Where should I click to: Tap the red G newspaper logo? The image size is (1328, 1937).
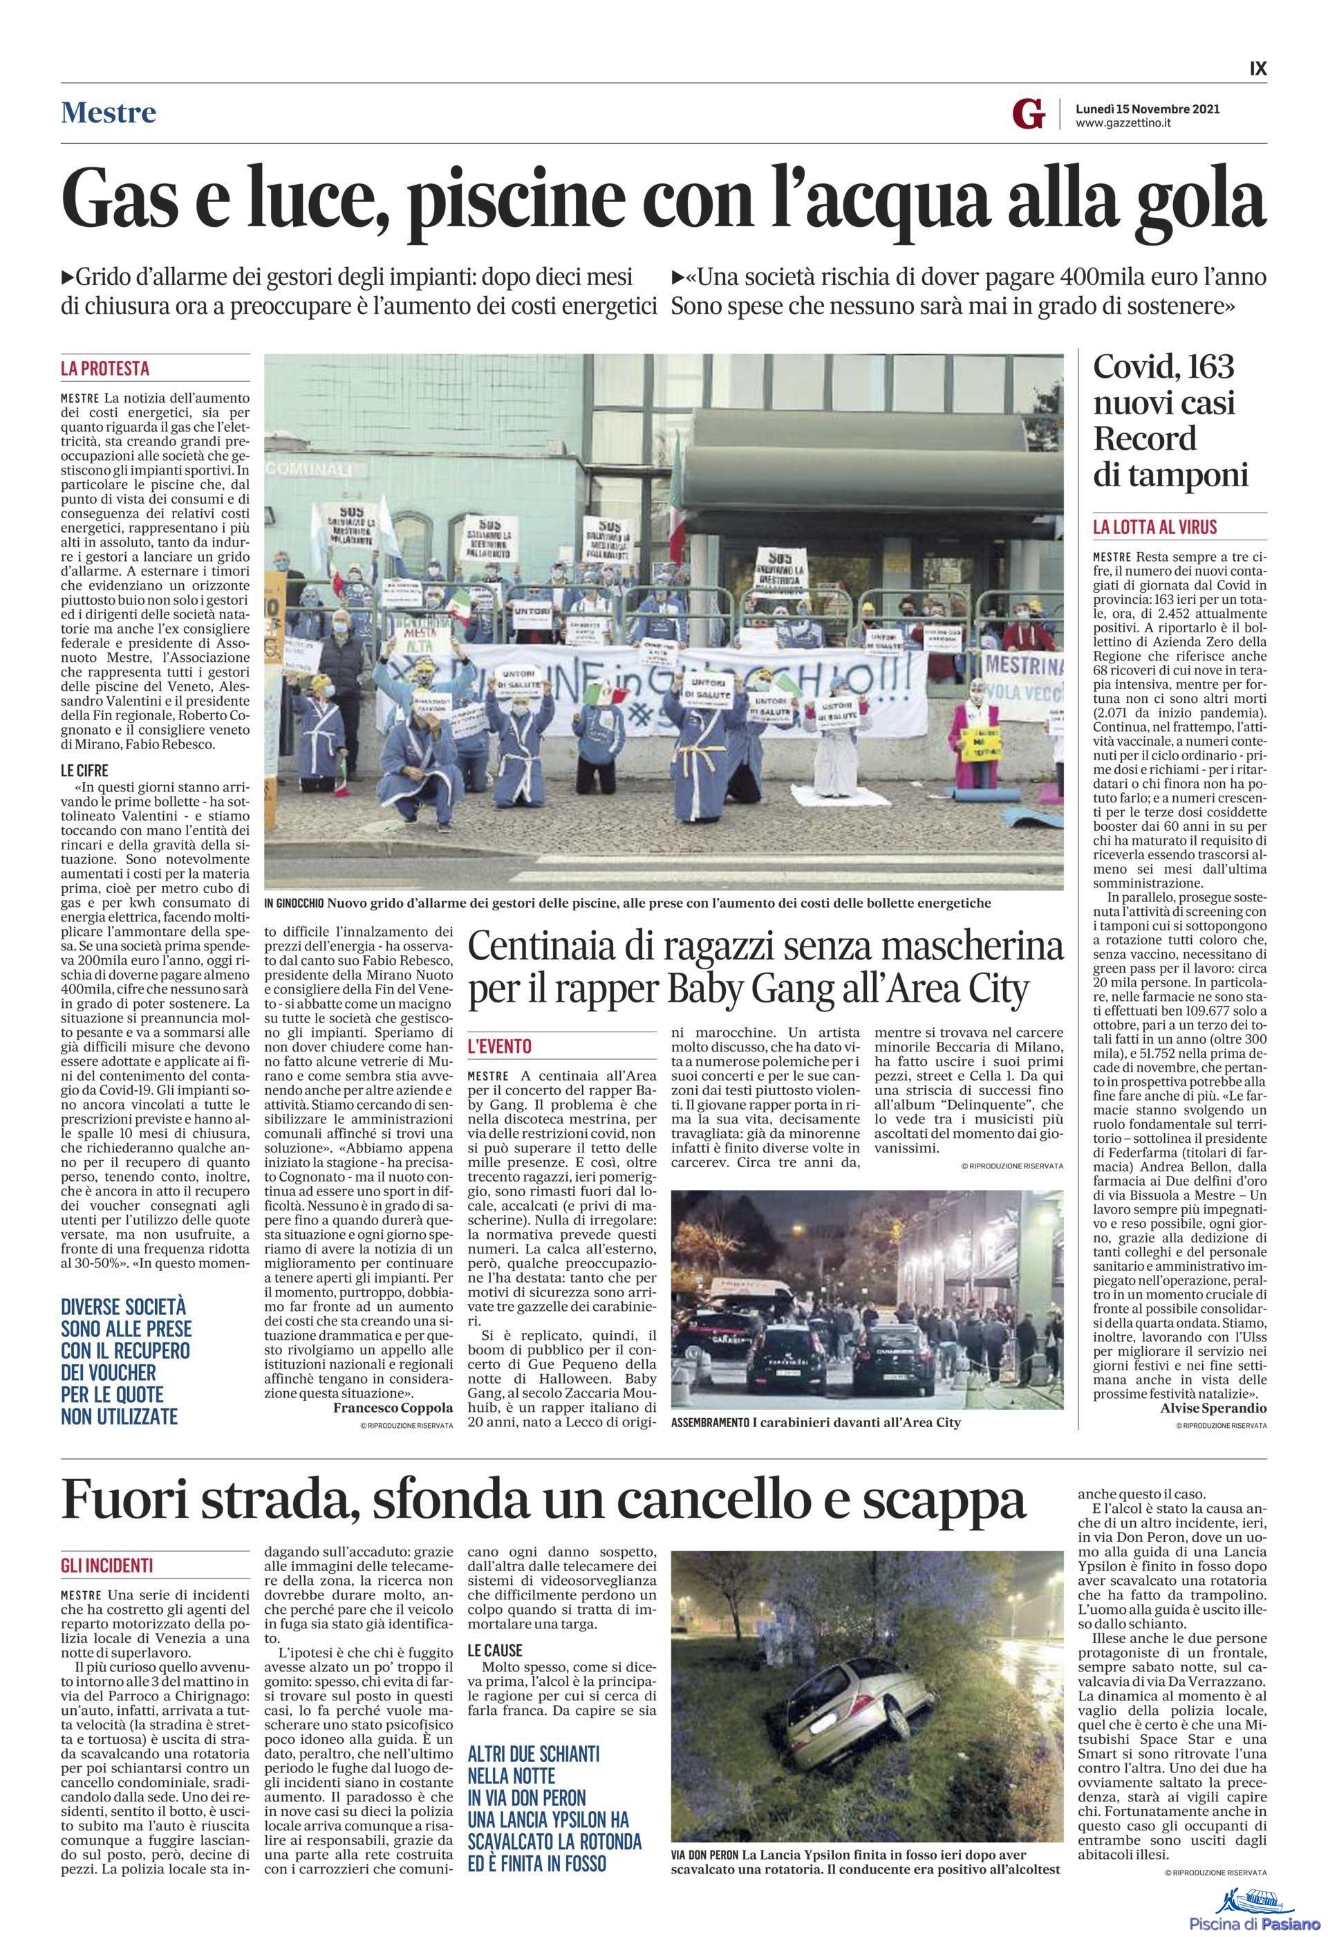click(x=1028, y=114)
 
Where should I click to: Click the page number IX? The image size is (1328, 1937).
click(x=1257, y=68)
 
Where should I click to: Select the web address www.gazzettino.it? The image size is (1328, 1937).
click(x=1124, y=123)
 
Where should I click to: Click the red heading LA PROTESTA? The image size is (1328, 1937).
click(x=105, y=367)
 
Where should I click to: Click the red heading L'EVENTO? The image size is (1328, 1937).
click(x=499, y=1046)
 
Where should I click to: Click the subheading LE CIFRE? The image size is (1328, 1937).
click(x=84, y=770)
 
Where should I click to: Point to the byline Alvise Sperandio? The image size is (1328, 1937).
click(x=1213, y=1408)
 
